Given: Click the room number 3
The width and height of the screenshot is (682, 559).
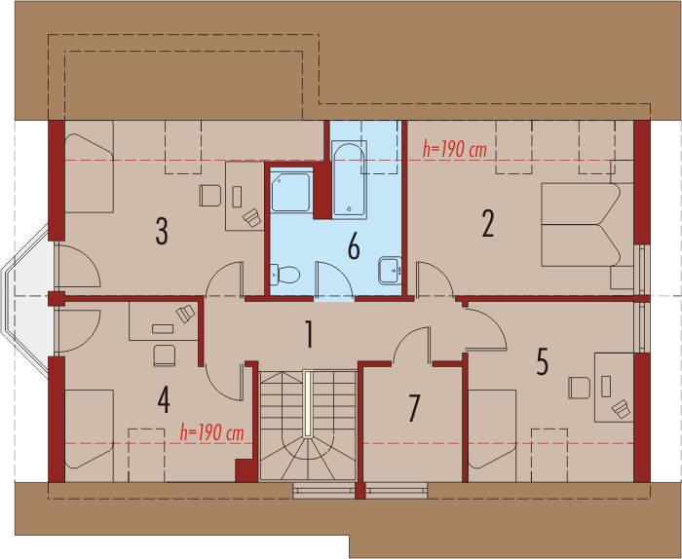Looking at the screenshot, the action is click(162, 231).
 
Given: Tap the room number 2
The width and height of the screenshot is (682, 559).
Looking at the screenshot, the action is click(488, 223).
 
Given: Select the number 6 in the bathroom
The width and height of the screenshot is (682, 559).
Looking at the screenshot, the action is click(354, 245).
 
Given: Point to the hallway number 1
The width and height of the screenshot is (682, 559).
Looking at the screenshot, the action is click(309, 334).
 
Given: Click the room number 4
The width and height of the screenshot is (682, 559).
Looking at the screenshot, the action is click(164, 400).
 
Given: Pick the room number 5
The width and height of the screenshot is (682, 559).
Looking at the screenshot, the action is click(542, 361).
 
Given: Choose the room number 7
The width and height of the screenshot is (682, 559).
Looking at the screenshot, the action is click(414, 408).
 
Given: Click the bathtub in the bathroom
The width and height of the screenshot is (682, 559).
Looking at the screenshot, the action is click(349, 179).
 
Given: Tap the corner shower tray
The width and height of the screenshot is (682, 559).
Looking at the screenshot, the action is click(290, 192).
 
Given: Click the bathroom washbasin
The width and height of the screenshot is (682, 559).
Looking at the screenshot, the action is click(390, 271).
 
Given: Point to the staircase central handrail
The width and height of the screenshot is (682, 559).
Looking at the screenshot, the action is click(308, 403).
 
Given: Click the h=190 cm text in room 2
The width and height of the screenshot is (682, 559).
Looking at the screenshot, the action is click(455, 150).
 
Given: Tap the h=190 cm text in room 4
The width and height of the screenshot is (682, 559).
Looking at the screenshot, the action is click(211, 433).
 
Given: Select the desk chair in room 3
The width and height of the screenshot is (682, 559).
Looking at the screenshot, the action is click(210, 196).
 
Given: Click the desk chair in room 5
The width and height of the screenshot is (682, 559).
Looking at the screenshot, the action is click(580, 388).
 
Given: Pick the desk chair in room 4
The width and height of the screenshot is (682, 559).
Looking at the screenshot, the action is click(165, 355).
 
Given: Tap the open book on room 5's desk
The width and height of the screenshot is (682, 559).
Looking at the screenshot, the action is click(622, 409).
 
